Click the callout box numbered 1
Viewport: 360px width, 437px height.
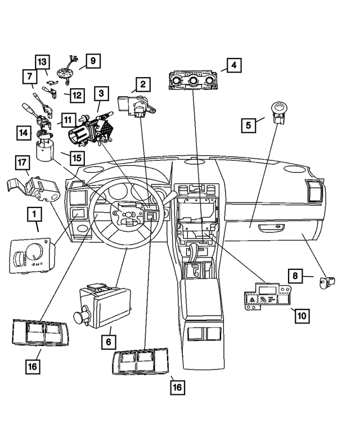tap(34, 214)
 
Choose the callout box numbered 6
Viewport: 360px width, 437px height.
tap(109, 341)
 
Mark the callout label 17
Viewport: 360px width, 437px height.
tap(21, 164)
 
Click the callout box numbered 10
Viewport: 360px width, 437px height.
tap(302, 315)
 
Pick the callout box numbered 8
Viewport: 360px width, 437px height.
tap(295, 276)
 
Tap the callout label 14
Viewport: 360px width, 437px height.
tap(24, 133)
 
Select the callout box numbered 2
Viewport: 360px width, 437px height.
tap(143, 85)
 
